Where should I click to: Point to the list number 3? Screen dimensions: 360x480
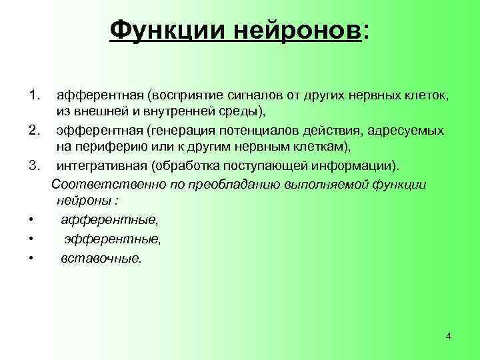pos(35,165)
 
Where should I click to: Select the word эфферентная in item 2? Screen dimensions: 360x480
pos(99,130)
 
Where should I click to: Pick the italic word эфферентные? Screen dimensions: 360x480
pos(112,238)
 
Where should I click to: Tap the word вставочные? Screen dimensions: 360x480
pos(101,257)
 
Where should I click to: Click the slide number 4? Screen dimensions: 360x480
pos(448,336)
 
